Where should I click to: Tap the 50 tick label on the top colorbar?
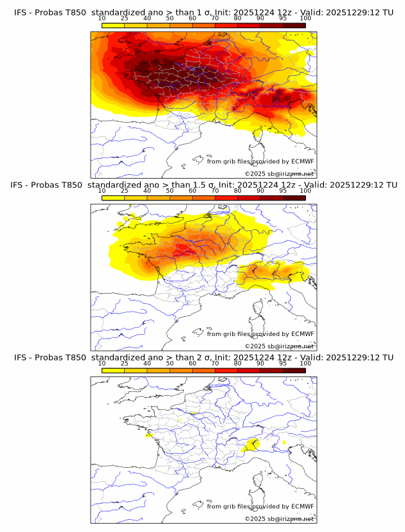[x=170, y=18]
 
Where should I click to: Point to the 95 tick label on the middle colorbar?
[x=283, y=191]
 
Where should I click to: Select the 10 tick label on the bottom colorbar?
[x=102, y=363]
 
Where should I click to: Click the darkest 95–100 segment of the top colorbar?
[x=294, y=26]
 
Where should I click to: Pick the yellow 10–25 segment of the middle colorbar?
[x=113, y=198]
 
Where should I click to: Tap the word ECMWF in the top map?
[x=302, y=161]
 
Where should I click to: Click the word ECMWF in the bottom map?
[x=302, y=506]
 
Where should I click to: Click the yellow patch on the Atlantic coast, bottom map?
[x=149, y=436]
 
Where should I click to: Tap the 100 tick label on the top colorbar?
[x=305, y=18]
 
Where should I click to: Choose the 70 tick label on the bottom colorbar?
[x=215, y=363]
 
